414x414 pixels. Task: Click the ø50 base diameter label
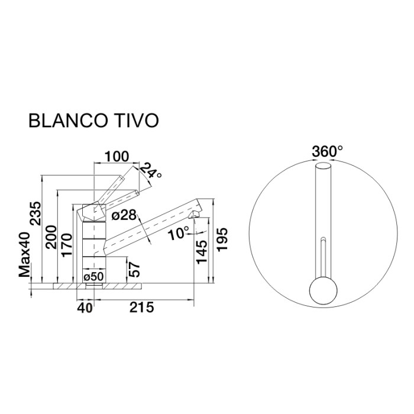click(94, 277)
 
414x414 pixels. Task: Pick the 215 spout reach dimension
click(142, 307)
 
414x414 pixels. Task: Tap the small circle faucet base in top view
click(324, 291)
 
